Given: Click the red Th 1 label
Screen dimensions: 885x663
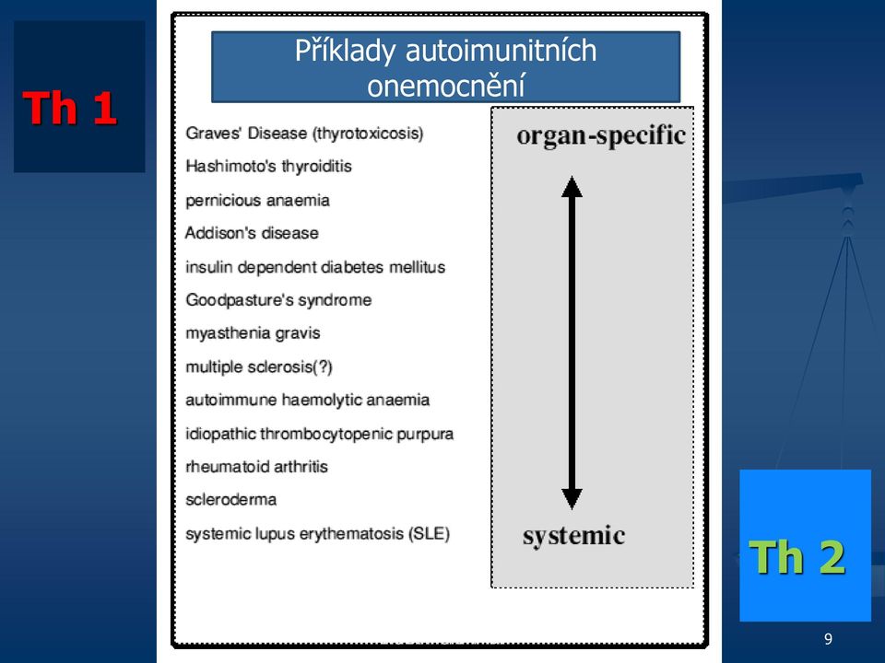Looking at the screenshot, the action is pos(70,108).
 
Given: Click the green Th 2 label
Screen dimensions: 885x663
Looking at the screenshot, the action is pos(797,556).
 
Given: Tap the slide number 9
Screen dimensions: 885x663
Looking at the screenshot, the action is pos(828,639).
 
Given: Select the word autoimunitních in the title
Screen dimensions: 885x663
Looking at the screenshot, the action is pos(501,51).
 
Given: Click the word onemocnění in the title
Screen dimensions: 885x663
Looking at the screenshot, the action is pos(446,86).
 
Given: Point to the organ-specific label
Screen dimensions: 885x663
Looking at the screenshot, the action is pos(601,135).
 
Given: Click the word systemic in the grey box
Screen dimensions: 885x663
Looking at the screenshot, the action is pos(573,536).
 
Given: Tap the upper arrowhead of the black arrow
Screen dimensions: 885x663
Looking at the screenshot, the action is pos(572,186).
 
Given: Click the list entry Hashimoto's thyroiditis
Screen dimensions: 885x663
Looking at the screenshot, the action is pos(268,167).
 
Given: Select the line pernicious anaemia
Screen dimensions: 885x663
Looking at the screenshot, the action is pos(257,200).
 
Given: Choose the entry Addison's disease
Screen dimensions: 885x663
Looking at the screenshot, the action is pos(252,233).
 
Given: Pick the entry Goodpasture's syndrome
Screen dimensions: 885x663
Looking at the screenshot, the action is pos(278,300).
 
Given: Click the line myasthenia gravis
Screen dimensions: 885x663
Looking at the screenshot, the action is pos(253,333).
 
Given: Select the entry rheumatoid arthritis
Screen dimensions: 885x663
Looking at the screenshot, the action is pos(257,467).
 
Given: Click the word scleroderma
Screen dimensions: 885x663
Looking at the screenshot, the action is pos(230,499).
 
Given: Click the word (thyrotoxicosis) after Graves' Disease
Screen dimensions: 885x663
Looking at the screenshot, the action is pos(369,134).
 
